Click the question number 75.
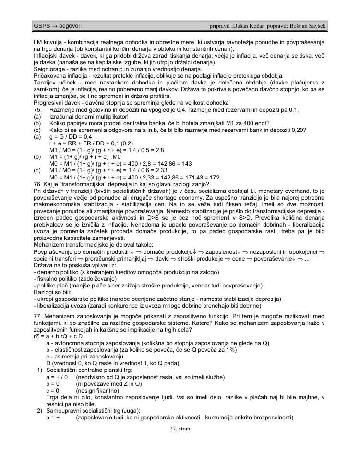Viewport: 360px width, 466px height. pos(38,110)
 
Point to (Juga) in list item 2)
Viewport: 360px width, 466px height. pos(132,411)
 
